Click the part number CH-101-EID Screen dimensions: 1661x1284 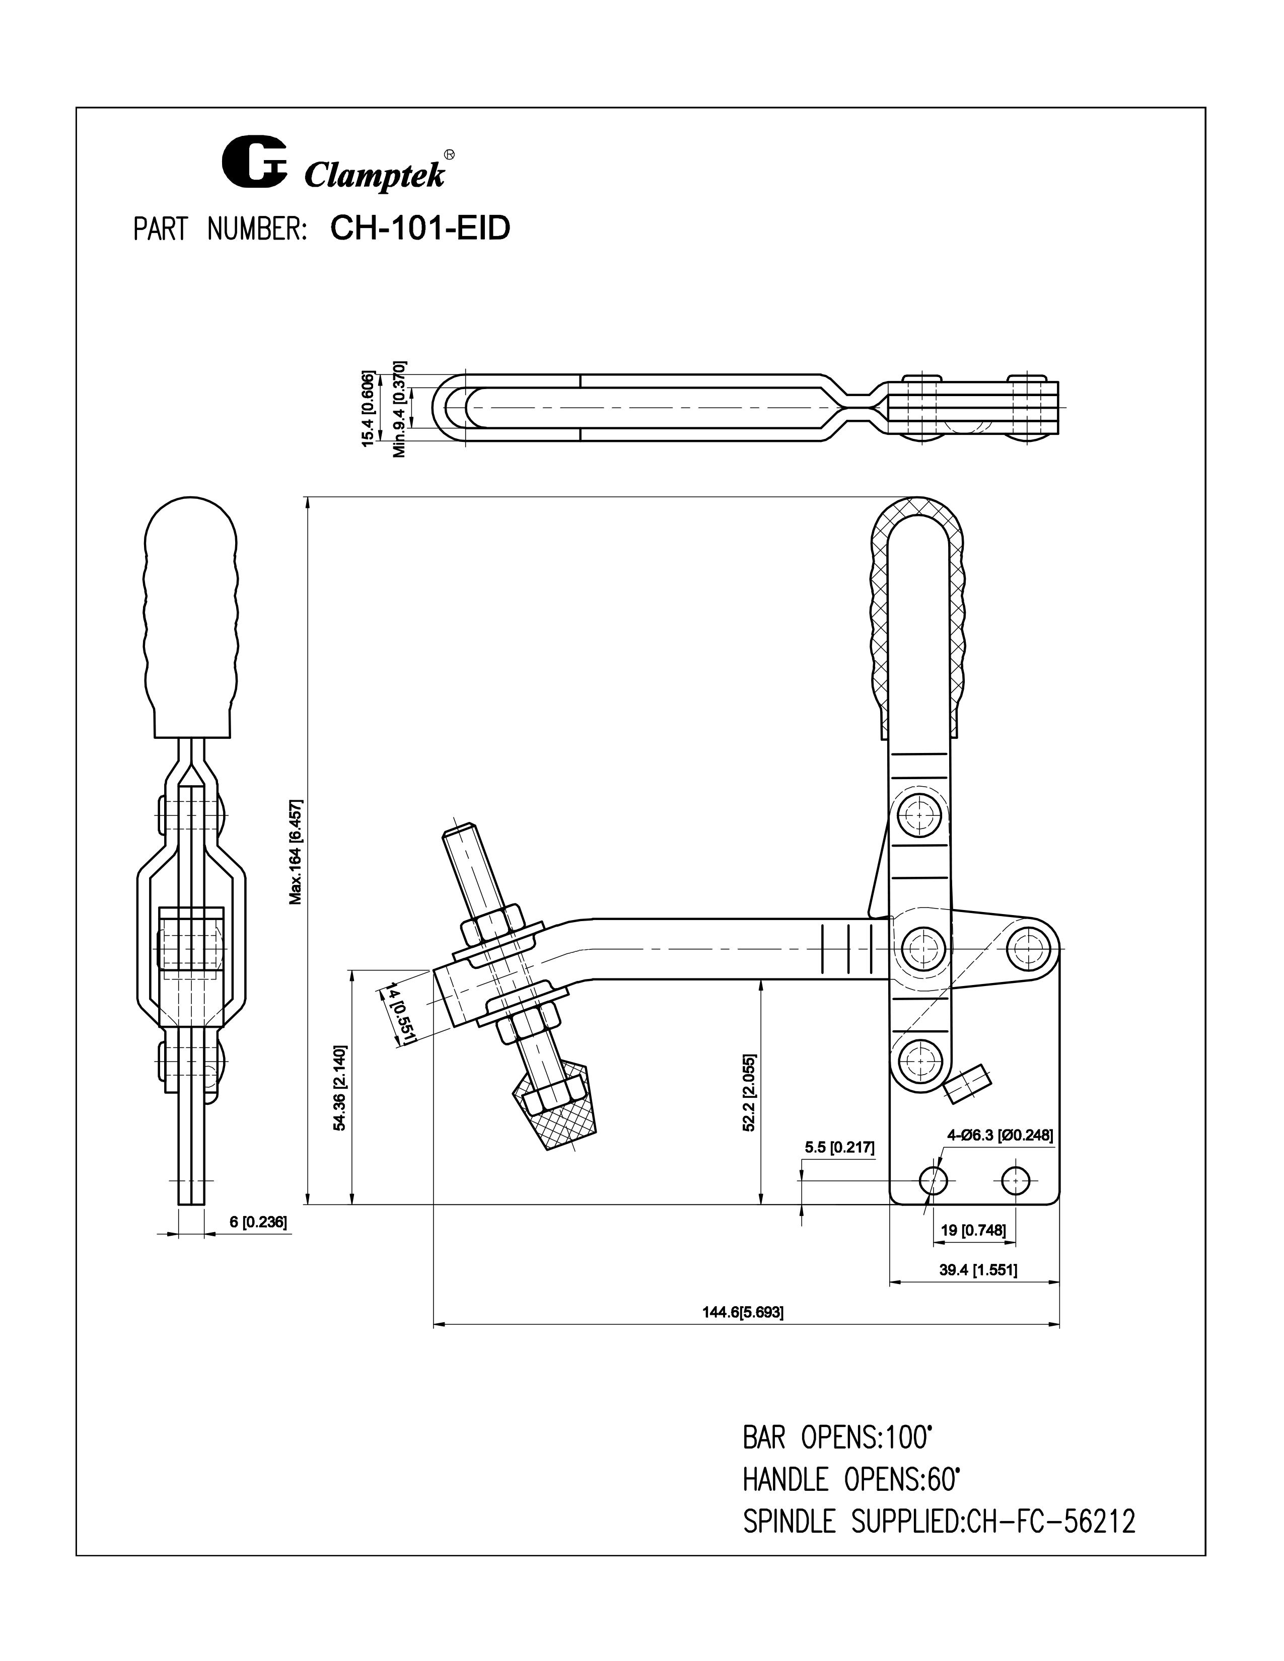tap(420, 228)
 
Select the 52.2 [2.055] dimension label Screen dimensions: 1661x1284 tap(749, 1093)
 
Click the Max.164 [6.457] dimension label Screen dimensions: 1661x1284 tap(295, 852)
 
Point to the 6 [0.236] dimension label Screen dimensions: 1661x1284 tap(257, 1222)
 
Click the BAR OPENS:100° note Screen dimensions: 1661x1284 tap(837, 1438)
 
